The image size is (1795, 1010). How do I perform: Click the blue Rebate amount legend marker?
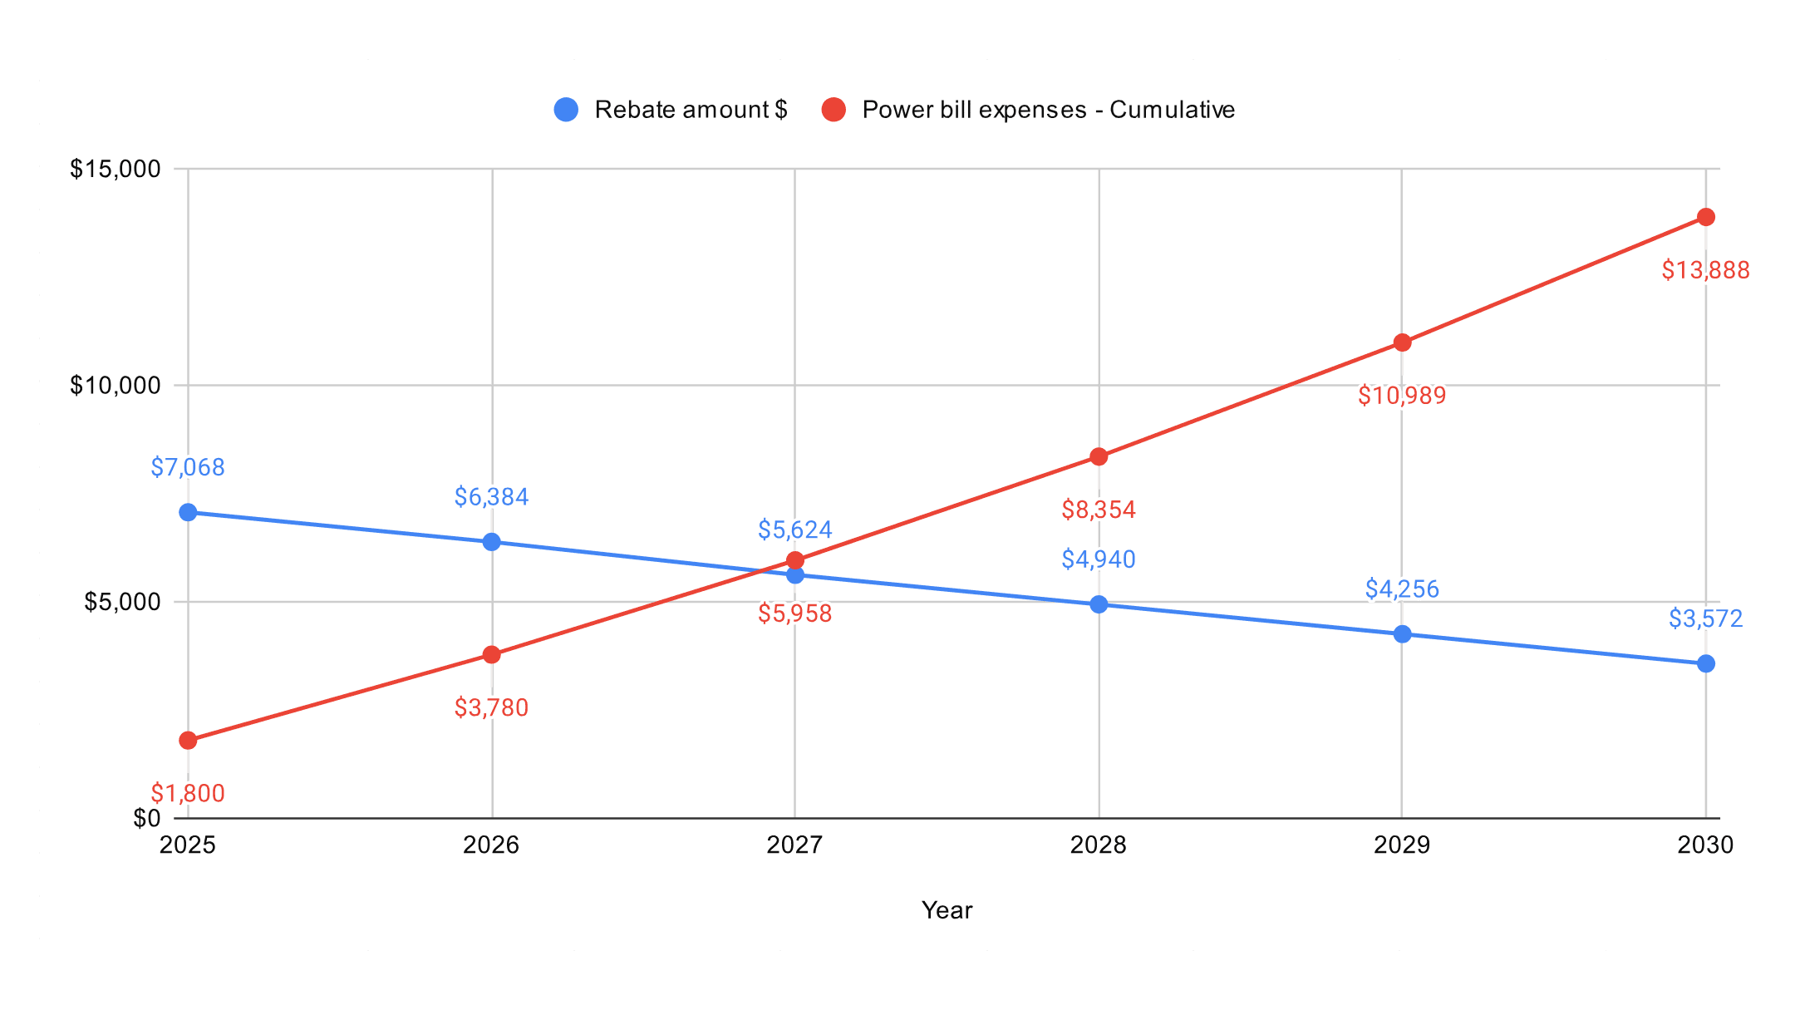566,110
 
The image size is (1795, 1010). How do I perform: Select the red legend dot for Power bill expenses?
834,110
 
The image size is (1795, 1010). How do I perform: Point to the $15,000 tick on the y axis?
115,170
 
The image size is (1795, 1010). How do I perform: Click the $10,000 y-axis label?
115,386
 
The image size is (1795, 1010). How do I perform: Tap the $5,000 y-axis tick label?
122,602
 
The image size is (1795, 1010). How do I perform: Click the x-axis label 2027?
794,845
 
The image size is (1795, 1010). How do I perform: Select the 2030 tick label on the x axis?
1705,845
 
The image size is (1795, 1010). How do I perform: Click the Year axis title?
947,910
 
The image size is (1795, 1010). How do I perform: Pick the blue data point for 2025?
188,512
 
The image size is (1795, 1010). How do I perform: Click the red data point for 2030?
1706,217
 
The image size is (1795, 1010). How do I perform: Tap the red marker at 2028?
1099,456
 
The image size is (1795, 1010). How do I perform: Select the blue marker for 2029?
1402,634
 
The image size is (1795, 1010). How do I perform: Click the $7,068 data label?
188,467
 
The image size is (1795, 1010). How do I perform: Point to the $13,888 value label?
1705,270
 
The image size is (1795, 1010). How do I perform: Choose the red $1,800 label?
188,793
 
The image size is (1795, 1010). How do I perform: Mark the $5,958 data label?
794,613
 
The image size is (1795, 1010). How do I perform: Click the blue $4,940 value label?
1099,559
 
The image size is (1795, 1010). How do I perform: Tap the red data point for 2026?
491,655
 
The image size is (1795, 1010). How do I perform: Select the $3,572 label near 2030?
1705,618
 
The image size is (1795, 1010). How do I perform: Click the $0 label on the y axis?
146,819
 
